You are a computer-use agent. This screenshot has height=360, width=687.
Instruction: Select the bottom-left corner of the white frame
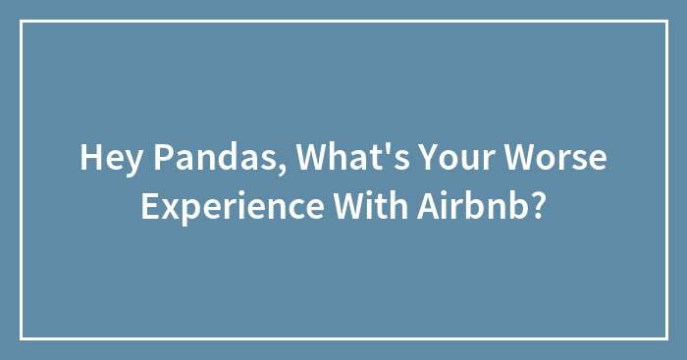click(22, 338)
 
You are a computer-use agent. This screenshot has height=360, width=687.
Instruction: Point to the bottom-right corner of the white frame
click(665, 338)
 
